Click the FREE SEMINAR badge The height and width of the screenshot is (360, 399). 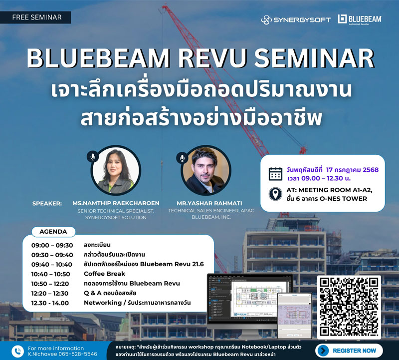tap(36, 17)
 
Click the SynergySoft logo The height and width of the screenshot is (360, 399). tap(295, 19)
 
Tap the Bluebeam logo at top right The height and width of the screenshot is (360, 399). tap(359, 19)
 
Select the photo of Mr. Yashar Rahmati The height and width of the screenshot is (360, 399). tap(204, 171)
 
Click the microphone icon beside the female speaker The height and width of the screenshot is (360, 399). tap(92, 157)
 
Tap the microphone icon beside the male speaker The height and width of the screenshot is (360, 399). tap(183, 158)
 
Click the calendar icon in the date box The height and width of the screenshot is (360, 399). tap(275, 174)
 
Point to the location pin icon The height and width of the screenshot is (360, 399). tap(275, 194)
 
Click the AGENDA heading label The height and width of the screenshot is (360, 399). tap(53, 232)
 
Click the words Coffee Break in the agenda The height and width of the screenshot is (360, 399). tap(104, 274)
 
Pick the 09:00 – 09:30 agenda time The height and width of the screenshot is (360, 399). tap(52, 245)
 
